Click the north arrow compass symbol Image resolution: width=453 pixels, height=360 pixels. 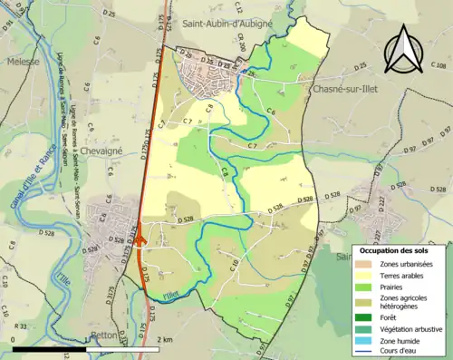402,48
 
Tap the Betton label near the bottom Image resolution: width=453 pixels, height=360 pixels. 106,335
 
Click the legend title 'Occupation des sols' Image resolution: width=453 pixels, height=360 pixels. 394,249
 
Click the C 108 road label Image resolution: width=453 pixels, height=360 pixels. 437,66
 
